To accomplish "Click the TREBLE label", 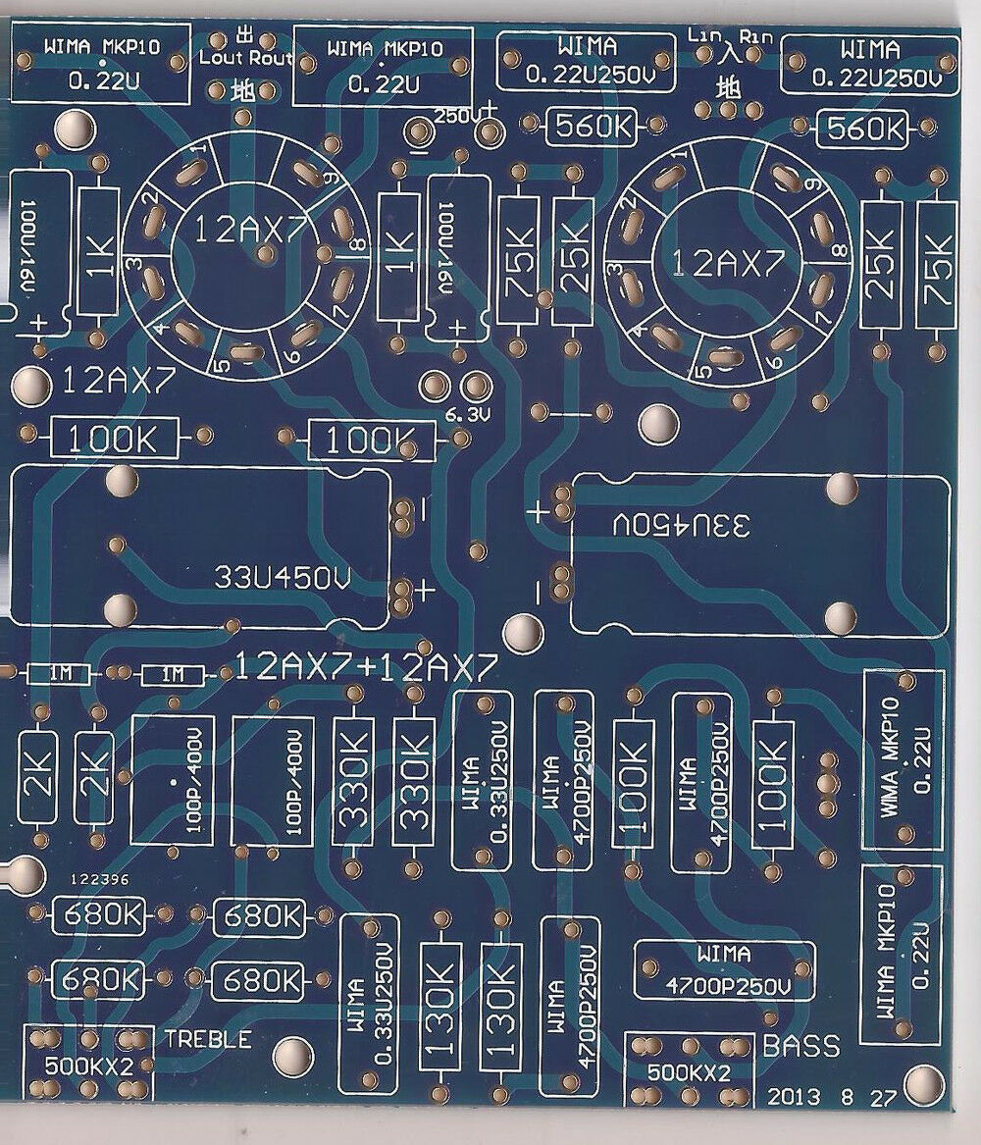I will pyautogui.click(x=208, y=1039).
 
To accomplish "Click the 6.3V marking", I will pyautogui.click(x=466, y=415).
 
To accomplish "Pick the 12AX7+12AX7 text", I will pyautogui.click(x=365, y=669).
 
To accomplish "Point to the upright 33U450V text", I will pyautogui.click(x=281, y=578).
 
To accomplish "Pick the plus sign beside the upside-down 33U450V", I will pyautogui.click(x=538, y=511).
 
